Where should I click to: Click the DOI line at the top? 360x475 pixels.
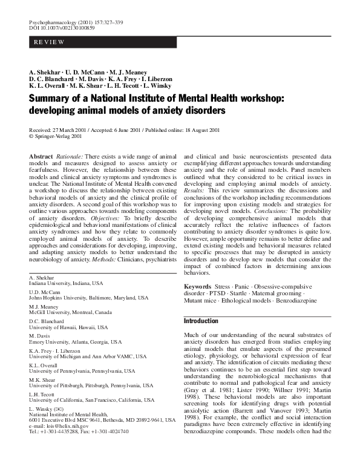(57, 28)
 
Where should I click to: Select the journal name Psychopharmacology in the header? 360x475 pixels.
(51, 22)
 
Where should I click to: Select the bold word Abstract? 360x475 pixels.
(42, 156)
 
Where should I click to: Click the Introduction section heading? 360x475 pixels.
(201, 320)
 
